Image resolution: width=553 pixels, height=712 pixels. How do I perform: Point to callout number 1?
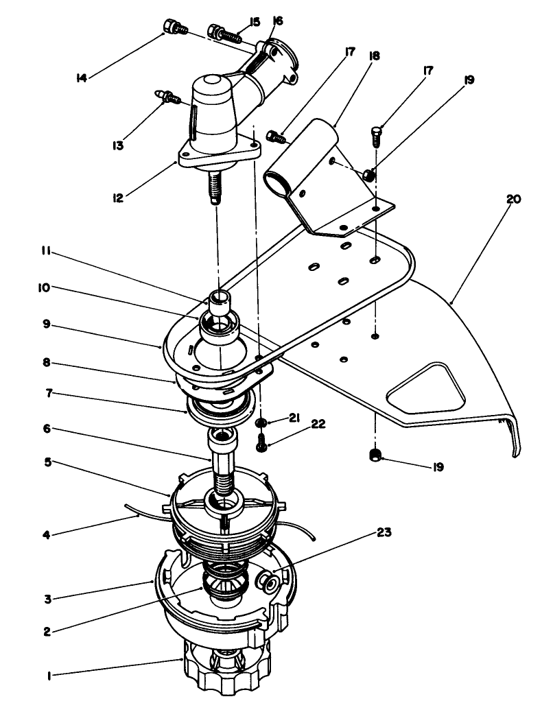coord(50,676)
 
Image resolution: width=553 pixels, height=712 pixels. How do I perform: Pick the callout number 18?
coord(373,54)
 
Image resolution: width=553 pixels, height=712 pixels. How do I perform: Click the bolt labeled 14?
coord(171,28)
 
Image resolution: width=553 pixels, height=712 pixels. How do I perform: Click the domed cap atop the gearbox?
coord(209,89)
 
